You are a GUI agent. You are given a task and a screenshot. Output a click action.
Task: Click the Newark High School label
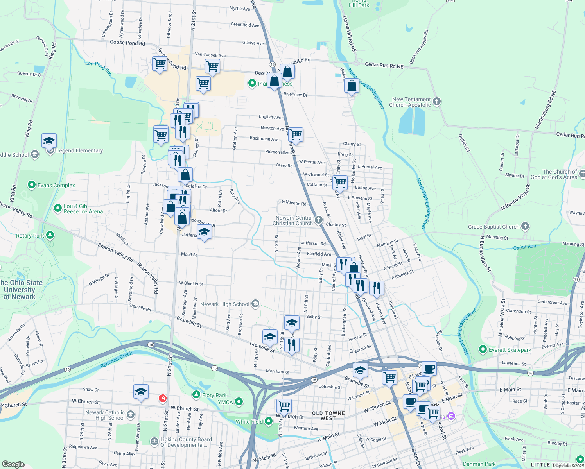[224, 304]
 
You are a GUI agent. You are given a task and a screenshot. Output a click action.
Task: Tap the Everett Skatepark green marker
[483, 349]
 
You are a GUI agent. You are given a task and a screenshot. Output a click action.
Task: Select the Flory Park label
[214, 395]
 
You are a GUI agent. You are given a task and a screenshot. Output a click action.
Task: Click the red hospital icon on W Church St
[162, 398]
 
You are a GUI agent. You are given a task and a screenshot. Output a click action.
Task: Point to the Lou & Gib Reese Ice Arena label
[83, 209]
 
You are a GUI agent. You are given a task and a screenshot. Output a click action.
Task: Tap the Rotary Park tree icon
[50, 235]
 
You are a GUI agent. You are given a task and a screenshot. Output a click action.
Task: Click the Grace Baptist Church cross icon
[525, 226]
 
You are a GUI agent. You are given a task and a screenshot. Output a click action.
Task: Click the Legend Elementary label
[80, 150]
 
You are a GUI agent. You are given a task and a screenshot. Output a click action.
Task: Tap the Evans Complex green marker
[32, 185]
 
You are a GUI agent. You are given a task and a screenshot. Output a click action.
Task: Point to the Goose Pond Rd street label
[127, 43]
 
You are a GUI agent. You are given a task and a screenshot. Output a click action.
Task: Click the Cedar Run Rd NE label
[384, 65]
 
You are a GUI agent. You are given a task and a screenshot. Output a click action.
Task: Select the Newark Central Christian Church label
[294, 220]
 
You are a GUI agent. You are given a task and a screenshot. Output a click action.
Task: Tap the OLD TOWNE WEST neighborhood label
[328, 415]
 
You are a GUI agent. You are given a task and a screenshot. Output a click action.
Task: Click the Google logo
[13, 464]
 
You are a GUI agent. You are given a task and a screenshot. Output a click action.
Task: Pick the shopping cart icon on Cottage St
[340, 183]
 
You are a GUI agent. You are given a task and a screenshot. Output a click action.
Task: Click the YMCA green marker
[239, 402]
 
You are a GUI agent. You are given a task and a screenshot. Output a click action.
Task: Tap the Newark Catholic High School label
[105, 415]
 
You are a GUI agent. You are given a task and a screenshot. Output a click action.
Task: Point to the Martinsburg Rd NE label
[545, 109]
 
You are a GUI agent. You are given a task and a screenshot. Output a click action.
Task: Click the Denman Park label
[479, 464]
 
